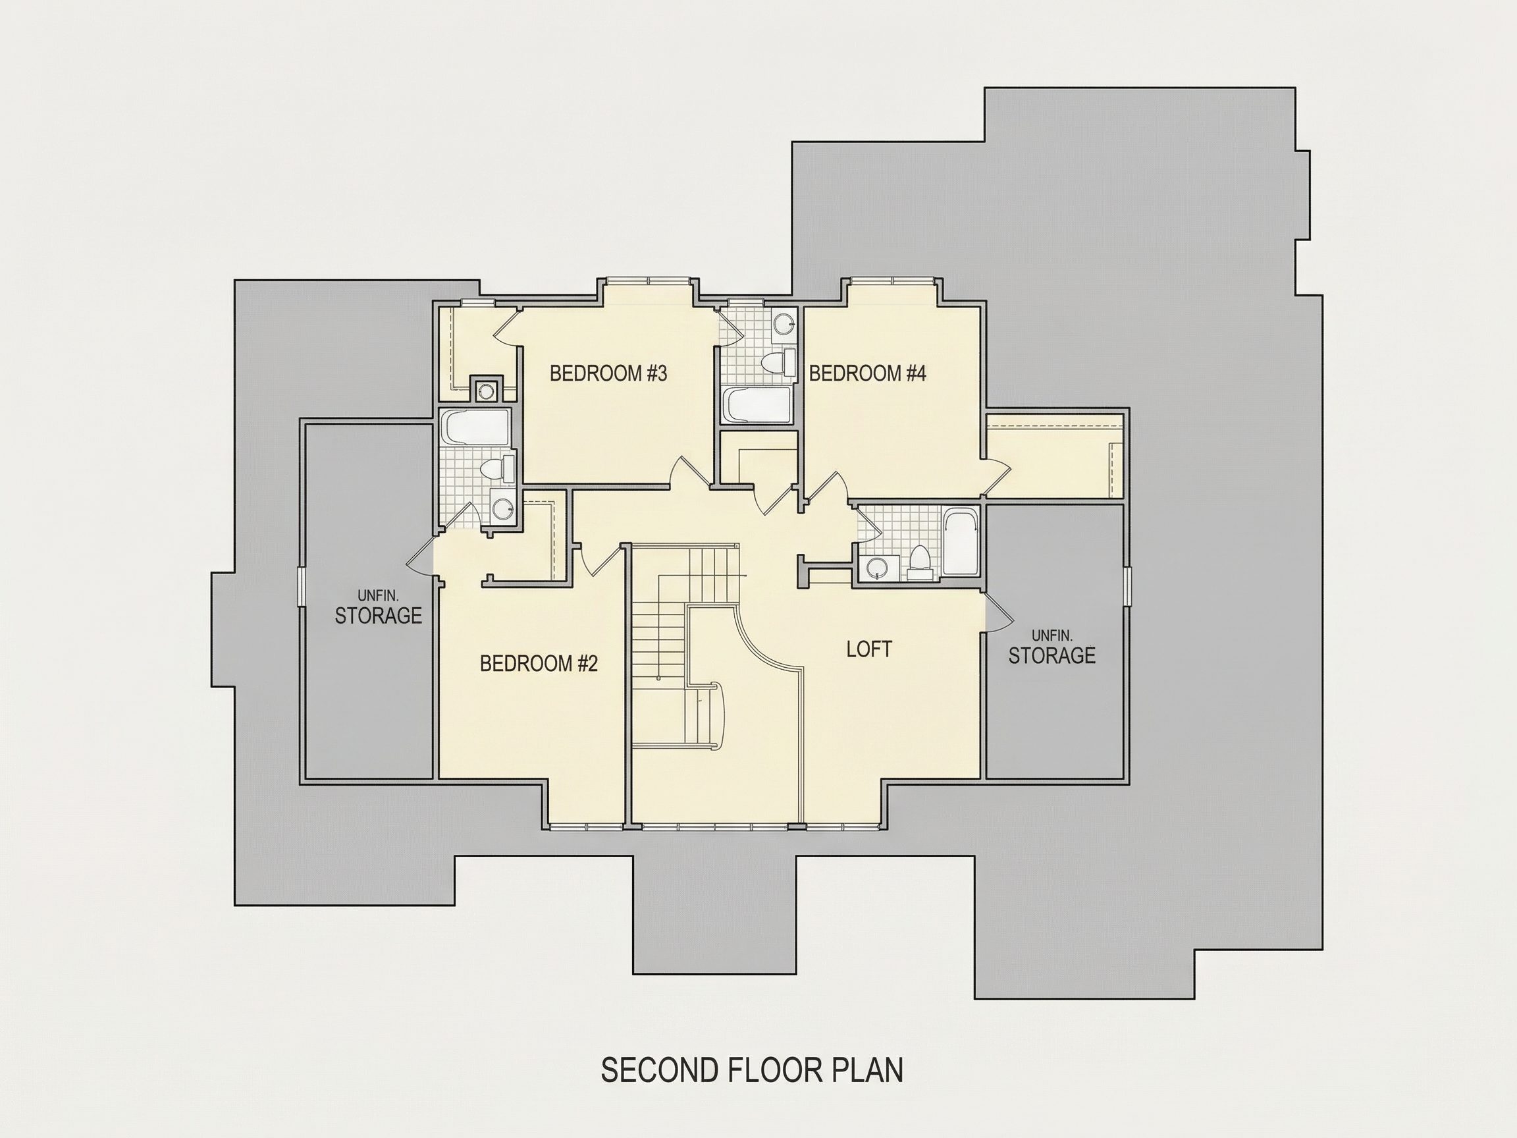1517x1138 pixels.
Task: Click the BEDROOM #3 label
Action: [x=608, y=374]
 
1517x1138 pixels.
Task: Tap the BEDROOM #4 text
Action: [x=868, y=374]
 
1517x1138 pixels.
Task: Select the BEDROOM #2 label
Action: [x=539, y=663]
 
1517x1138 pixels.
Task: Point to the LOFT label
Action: [x=869, y=649]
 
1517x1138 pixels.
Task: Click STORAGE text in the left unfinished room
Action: [x=378, y=616]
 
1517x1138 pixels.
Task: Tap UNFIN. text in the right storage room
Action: [x=1052, y=636]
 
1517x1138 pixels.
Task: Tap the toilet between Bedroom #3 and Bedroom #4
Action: [x=778, y=361]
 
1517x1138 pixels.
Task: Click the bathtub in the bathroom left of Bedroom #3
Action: [x=475, y=427]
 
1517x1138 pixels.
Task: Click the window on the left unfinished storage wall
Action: [x=299, y=587]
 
